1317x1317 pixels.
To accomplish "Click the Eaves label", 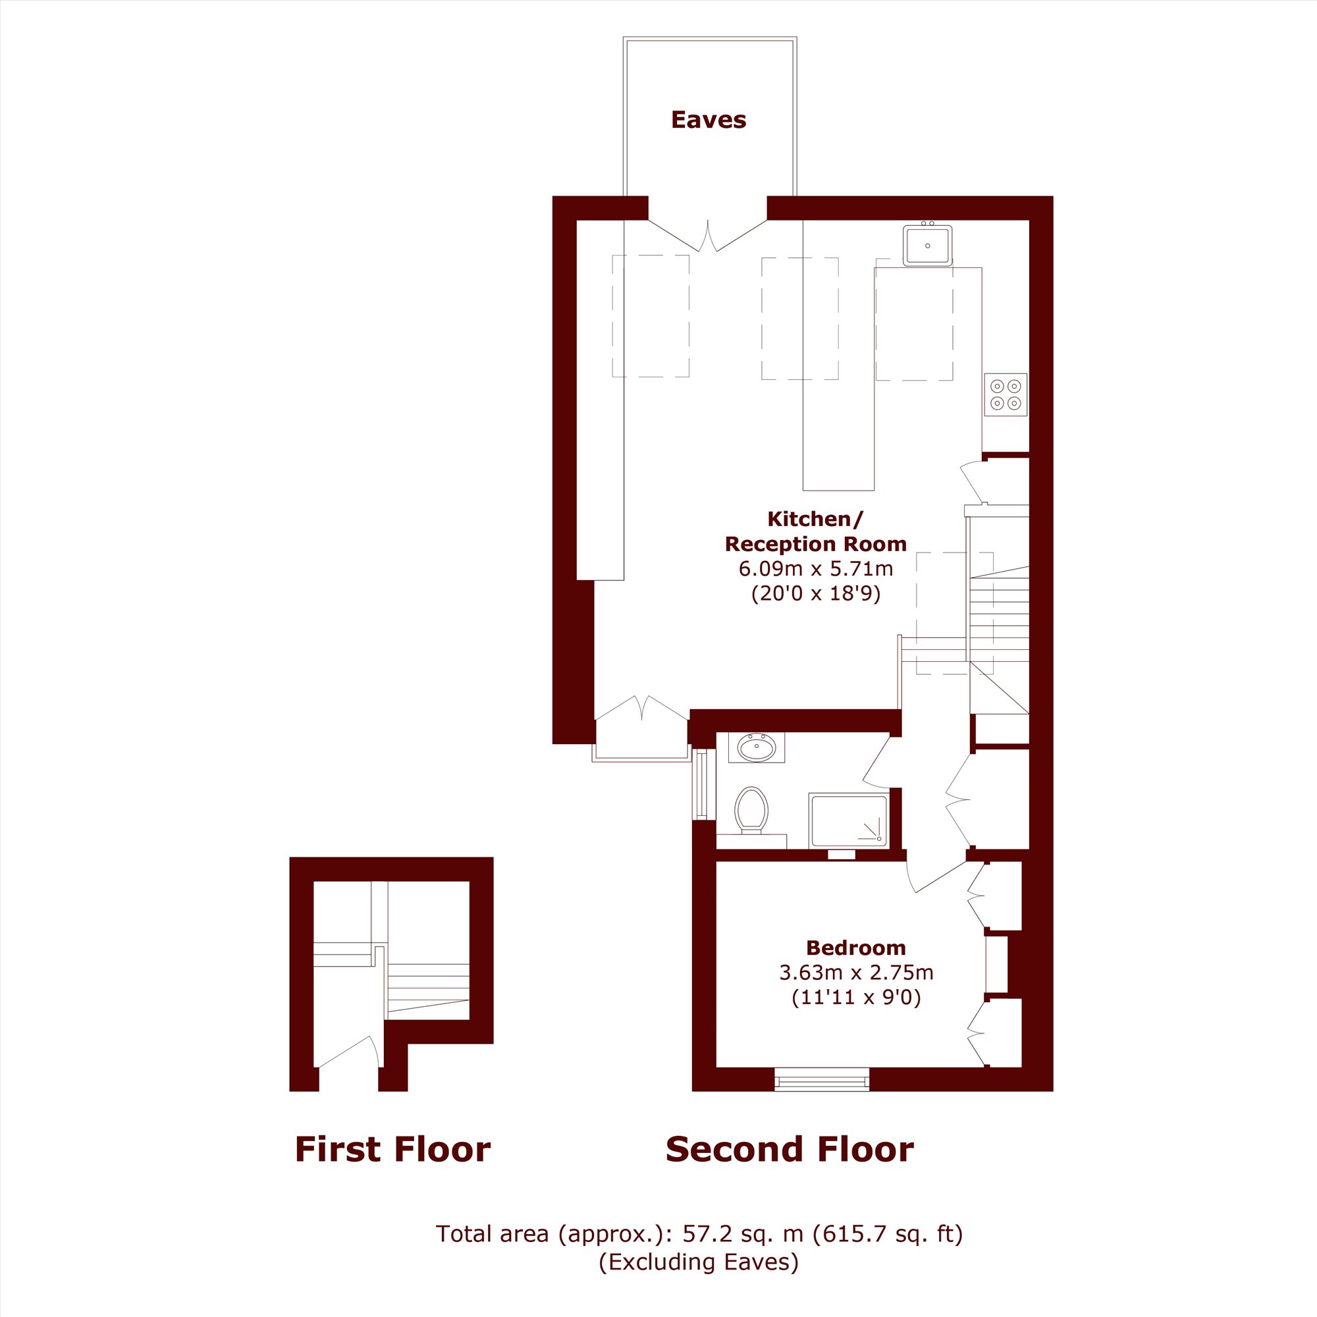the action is pos(709,120).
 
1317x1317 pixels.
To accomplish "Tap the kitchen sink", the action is pos(927,245).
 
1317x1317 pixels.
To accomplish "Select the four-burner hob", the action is pos(1006,394).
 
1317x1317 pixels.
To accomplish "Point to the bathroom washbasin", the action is pos(756,748).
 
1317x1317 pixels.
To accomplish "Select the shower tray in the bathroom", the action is pos(848,820).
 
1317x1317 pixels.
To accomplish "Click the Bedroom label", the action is pos(855,948).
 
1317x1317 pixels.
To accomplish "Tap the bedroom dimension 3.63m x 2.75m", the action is pos(856,972).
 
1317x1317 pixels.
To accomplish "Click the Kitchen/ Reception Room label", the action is pos(815,531).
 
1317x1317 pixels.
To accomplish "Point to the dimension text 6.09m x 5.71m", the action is pos(816,568).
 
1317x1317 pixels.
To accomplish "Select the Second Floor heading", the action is pos(790,1149).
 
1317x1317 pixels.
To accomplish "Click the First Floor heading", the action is pos(392,1149).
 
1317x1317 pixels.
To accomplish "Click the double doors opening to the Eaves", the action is pos(708,235).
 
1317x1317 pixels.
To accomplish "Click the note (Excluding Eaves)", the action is pos(699,1262).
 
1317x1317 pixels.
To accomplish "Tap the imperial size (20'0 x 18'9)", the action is pos(816,593).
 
